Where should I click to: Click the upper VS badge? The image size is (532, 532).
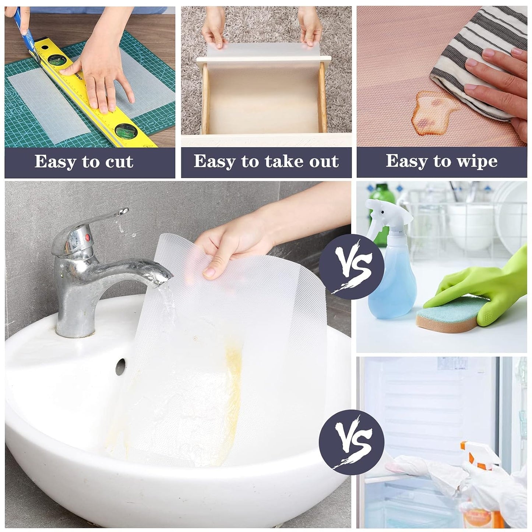click(x=351, y=266)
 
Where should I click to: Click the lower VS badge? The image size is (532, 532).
click(x=351, y=442)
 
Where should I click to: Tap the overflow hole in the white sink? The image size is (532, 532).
click(x=120, y=367)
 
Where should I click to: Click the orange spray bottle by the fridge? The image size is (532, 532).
click(x=479, y=486)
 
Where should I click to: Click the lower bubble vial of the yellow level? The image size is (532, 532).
click(x=125, y=130)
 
